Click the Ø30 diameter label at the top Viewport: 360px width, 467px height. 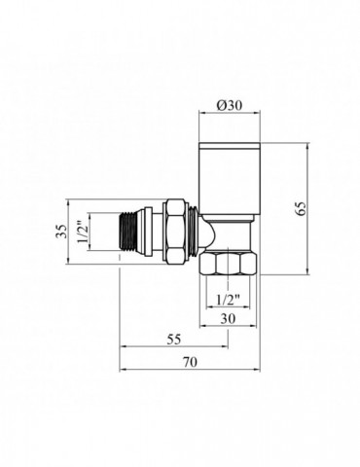230,103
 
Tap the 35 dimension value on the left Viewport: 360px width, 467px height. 60,232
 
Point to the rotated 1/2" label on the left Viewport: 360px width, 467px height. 83,233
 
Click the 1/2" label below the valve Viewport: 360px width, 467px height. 226,299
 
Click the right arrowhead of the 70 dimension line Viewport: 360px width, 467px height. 259,371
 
